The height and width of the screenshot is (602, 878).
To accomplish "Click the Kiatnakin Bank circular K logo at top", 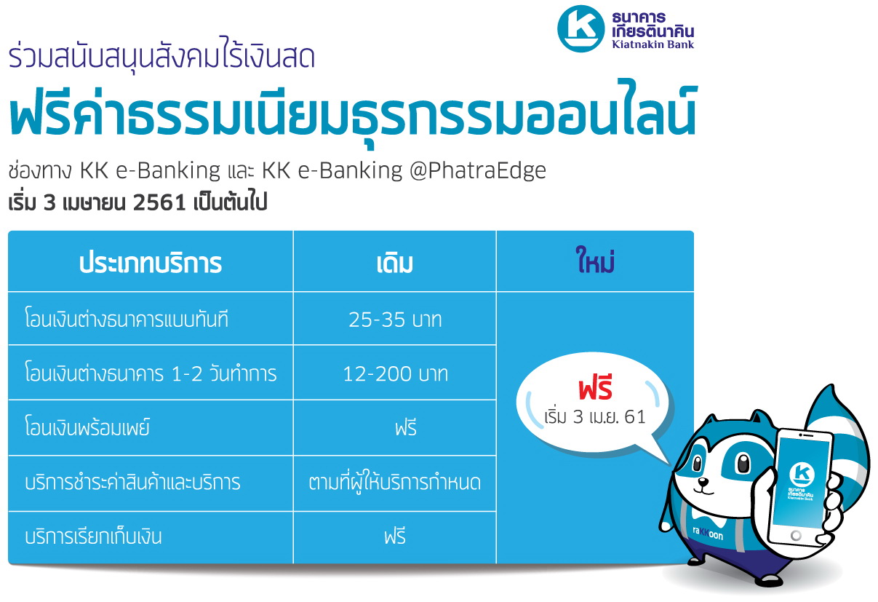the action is (580, 28).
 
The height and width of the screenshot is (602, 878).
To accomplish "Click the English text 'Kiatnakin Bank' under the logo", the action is (653, 44).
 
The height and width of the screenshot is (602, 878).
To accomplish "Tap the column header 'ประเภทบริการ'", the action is (151, 263).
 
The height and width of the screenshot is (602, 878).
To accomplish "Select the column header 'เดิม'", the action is (395, 264).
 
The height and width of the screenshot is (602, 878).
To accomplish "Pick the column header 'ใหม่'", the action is (594, 260).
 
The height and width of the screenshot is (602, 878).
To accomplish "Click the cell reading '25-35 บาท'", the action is (395, 320).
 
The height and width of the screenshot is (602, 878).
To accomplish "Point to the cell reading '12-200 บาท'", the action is (395, 373).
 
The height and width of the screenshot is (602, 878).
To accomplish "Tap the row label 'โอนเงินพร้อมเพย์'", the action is (87, 427).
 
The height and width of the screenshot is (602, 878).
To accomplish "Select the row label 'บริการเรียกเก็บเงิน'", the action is (93, 536).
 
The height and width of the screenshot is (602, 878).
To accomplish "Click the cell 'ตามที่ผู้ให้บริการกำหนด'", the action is (395, 482).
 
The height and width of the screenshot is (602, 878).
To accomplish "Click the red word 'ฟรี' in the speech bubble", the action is (595, 387).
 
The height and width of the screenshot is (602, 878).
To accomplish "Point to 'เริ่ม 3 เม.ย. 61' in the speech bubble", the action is (595, 416).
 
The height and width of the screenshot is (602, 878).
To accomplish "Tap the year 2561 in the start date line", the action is (159, 203).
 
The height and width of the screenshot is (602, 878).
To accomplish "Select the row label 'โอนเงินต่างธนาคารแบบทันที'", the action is (127, 319).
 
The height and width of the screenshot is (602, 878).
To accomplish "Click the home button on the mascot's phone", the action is (796, 535).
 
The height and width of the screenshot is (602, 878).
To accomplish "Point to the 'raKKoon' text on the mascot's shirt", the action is (708, 534).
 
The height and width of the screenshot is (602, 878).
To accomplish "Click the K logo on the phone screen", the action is (802, 474).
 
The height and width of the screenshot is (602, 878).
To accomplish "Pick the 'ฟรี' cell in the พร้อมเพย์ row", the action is (406, 427).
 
